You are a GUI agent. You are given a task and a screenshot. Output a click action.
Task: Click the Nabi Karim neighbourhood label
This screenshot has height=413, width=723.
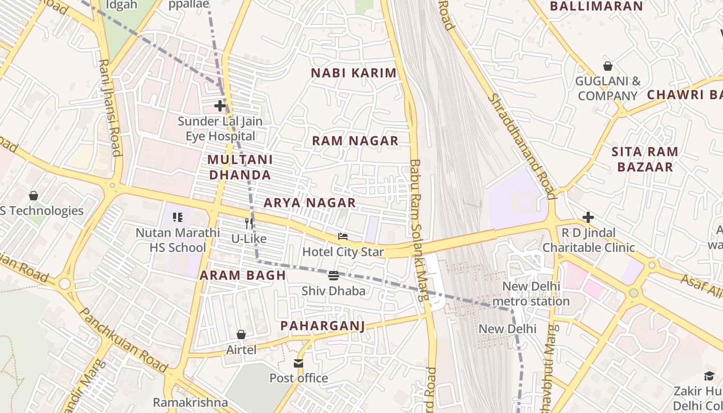354,73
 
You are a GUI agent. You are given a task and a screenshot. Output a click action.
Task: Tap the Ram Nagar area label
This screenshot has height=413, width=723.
355,141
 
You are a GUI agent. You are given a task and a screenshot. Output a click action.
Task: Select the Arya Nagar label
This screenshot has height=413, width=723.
310,203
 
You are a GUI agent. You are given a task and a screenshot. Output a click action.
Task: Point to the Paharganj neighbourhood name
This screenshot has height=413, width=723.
323,326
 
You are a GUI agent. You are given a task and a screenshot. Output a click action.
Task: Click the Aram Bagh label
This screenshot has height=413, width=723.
243,275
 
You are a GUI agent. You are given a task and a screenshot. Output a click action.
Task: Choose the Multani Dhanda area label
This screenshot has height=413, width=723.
240,167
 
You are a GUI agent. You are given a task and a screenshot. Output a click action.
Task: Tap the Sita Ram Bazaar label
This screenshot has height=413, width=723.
645,159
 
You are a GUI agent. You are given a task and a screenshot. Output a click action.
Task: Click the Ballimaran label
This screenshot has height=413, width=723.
596,7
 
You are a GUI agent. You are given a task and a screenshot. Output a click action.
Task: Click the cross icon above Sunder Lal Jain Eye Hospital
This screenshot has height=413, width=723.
220,106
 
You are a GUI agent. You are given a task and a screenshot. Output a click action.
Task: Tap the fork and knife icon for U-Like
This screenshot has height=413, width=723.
249,223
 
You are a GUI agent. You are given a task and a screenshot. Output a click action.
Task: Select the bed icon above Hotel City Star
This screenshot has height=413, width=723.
343,236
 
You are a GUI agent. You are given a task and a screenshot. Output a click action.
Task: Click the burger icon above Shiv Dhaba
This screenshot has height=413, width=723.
334,276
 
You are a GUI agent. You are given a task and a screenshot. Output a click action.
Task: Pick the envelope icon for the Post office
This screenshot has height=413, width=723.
298,363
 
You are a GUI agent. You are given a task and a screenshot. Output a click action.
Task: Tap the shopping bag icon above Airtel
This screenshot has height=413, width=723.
241,335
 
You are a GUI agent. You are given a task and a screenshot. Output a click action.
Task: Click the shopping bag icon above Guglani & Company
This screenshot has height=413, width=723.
608,66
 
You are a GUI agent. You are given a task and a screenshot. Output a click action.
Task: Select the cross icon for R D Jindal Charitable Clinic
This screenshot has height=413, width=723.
588,217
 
